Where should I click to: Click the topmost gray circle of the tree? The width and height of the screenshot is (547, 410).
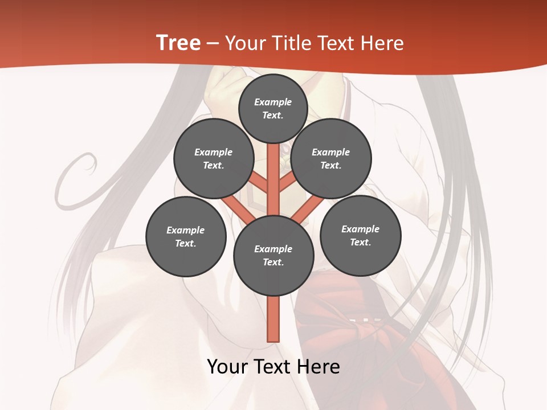[273, 108]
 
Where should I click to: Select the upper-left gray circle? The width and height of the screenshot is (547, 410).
[214, 158]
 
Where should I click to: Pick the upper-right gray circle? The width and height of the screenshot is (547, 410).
[330, 158]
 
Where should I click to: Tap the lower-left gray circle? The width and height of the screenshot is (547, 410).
[186, 236]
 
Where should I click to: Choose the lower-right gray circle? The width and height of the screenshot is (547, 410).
[360, 235]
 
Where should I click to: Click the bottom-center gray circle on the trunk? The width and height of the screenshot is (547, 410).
[273, 255]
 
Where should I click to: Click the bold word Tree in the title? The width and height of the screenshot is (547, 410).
[178, 43]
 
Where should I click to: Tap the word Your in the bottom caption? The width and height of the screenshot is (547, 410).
[228, 367]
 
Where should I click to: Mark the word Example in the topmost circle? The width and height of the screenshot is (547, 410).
[273, 102]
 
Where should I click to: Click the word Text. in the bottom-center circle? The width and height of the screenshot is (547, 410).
[273, 262]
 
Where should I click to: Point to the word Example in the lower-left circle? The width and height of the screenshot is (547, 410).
[186, 230]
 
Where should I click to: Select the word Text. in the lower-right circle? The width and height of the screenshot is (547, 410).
[360, 242]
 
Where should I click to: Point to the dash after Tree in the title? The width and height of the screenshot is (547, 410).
[213, 44]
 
